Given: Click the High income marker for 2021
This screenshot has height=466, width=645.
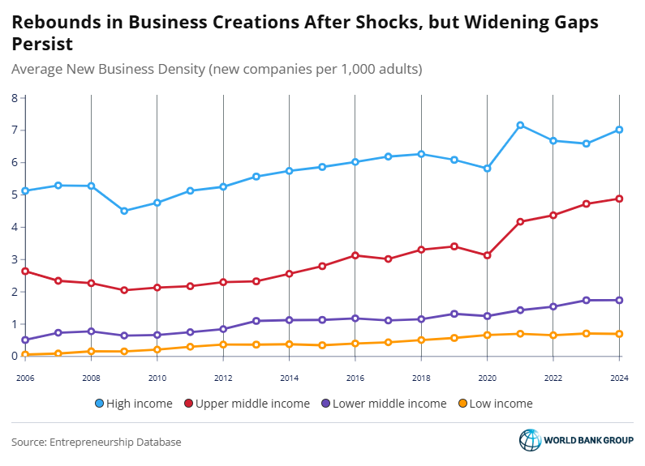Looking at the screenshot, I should tap(520, 126).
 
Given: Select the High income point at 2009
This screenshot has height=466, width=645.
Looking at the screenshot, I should tap(124, 211).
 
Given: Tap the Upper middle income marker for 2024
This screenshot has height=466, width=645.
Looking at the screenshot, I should tap(619, 199).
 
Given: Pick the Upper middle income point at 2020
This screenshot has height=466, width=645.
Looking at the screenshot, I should tap(487, 255).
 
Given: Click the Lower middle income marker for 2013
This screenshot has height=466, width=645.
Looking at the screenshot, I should tap(256, 321).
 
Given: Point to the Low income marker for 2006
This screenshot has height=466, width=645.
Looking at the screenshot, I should tap(25, 354).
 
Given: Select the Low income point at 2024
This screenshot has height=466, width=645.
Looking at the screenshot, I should tap(619, 334).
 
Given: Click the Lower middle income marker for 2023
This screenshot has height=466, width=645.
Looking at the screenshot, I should tap(586, 301).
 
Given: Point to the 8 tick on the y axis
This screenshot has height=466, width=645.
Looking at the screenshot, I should tap(15, 98).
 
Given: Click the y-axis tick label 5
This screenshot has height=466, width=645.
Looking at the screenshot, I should tap(15, 195).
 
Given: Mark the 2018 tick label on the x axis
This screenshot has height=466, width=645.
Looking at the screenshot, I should tap(421, 377).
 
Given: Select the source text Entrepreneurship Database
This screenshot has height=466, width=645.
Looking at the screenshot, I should tap(115, 442).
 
